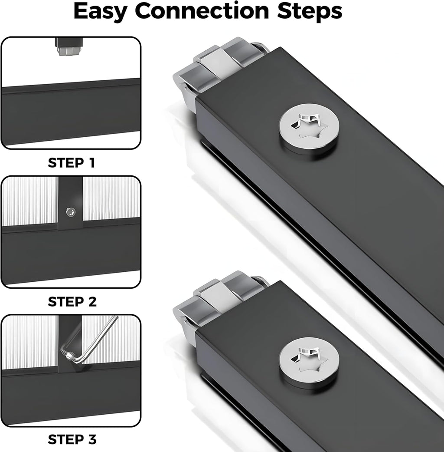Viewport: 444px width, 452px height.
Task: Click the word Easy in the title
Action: pos(100,12)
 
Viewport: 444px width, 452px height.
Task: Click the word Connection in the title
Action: pos(202,11)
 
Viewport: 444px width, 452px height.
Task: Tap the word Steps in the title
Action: pos(310,12)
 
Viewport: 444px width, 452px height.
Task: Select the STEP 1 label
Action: pos(72,163)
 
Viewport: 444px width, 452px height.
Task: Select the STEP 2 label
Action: pos(72,302)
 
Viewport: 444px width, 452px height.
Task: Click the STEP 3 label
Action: pos(72,439)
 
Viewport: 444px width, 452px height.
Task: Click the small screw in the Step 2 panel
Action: pos(71,212)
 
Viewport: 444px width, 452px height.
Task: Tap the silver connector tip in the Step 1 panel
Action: pos(69,52)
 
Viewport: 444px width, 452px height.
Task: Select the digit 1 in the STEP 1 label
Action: pos(92,163)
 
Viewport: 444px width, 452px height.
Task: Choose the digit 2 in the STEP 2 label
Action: pos(92,302)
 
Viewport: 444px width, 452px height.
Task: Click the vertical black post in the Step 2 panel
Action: pos(71,203)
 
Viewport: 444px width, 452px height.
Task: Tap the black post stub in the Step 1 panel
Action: pos(69,43)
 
